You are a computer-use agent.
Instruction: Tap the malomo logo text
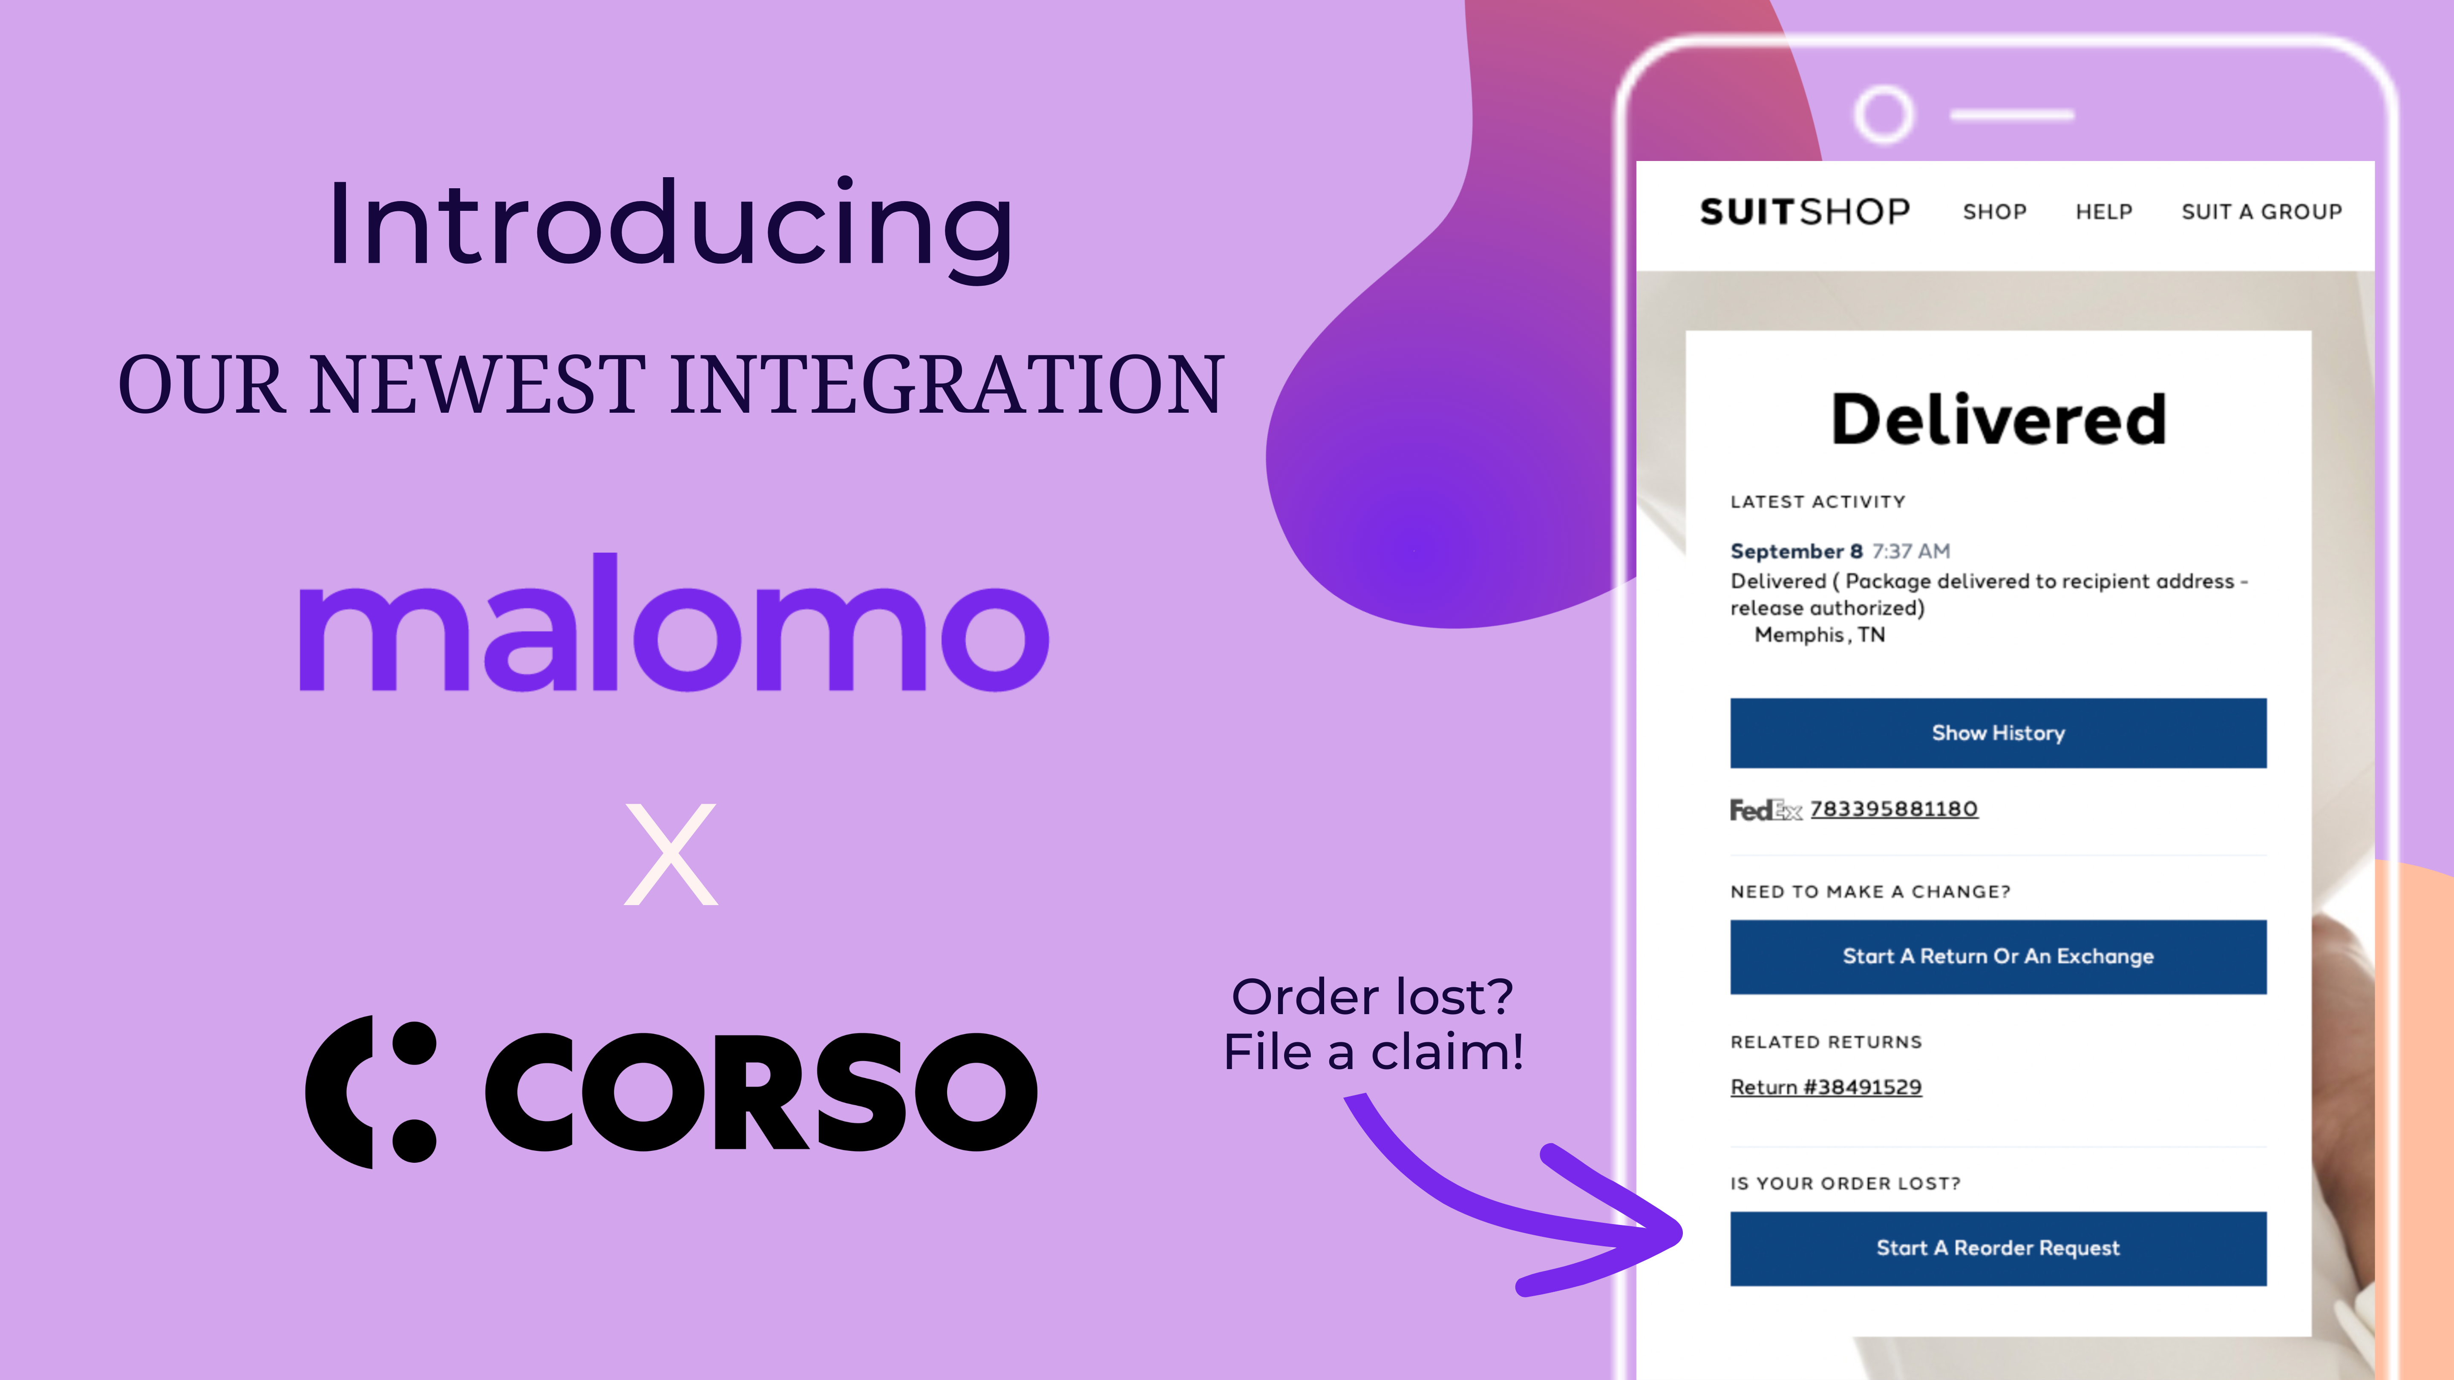click(x=674, y=626)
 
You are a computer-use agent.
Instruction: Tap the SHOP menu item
click(x=1994, y=211)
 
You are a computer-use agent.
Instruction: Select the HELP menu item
click(x=2103, y=211)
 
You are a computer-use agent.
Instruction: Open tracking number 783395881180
click(x=1894, y=808)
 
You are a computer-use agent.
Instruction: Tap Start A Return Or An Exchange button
click(x=1998, y=956)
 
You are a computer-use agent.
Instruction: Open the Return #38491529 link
click(x=1825, y=1087)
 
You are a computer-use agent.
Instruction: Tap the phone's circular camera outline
click(x=1884, y=114)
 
